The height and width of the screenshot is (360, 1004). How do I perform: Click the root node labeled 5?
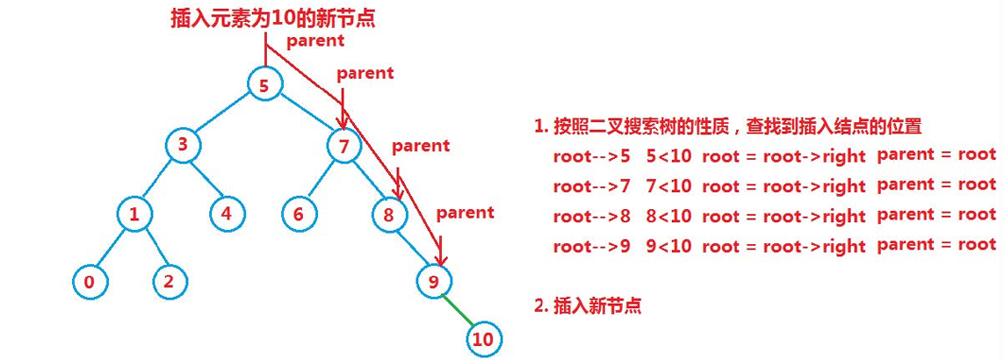tap(264, 85)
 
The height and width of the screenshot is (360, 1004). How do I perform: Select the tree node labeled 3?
tap(183, 146)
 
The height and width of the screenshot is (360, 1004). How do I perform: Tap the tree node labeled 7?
tap(343, 147)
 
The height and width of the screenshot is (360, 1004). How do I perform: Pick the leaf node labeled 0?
tap(89, 282)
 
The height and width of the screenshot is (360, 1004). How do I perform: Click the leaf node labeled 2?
tap(169, 282)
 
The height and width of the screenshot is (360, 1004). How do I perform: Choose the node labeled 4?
tap(226, 212)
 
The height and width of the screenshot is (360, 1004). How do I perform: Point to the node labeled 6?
tap(299, 213)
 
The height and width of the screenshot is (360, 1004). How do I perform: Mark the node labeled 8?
tap(389, 213)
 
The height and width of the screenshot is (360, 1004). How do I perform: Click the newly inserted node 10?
tap(482, 339)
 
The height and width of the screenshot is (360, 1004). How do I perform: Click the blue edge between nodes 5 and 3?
tap(224, 115)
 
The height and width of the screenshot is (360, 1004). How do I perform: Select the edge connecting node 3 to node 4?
tap(205, 179)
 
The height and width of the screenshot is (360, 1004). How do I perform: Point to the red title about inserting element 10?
tap(273, 18)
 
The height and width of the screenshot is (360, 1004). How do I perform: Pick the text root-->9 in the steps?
tap(591, 245)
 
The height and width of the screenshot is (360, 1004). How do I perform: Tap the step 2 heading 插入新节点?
tap(588, 306)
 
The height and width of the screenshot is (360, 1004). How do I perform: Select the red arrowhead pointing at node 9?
tap(442, 259)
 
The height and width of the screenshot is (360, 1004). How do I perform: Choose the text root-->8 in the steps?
tap(591, 215)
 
